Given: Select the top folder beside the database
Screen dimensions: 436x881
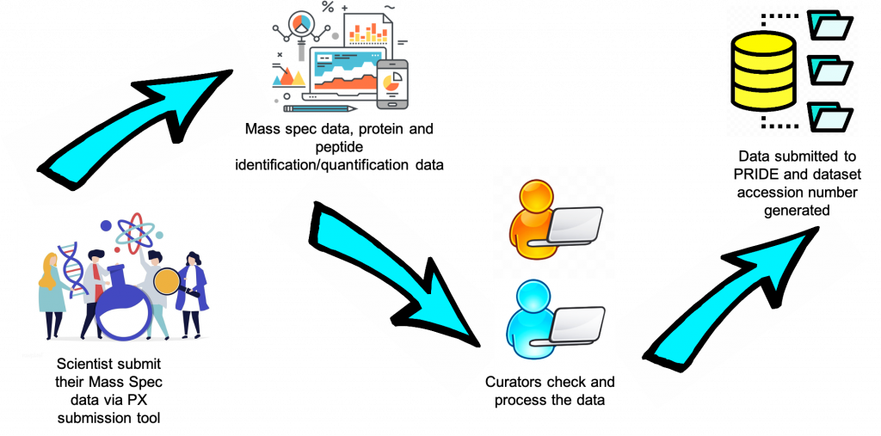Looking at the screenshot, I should coord(831,27).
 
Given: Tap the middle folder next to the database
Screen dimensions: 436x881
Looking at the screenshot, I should coord(831,68).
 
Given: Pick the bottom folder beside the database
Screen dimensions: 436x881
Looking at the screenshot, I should coord(831,115).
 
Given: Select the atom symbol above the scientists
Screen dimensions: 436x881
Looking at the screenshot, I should coord(135,231).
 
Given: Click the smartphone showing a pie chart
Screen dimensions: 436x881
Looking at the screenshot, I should coord(392,84).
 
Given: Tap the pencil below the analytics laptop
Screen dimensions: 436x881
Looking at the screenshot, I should coord(320,109).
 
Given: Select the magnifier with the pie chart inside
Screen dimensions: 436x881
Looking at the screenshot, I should coord(301,25).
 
